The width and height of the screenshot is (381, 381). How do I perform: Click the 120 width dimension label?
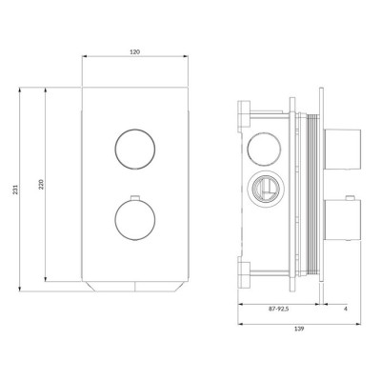tap(135, 52)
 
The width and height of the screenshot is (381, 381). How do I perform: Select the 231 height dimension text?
tap(15, 190)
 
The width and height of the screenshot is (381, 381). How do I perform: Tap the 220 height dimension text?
tap(41, 185)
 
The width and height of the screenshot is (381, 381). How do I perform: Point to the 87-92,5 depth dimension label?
tap(278, 309)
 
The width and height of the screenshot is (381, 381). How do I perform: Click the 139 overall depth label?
tap(299, 329)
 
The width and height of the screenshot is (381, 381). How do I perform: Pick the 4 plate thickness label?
tap(346, 309)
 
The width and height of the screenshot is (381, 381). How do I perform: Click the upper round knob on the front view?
tap(135, 149)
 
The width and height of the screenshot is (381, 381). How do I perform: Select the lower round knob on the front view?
tap(135, 220)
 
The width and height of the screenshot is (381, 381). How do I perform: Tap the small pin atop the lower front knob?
tap(135, 198)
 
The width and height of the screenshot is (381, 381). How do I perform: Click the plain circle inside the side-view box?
tap(264, 149)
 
